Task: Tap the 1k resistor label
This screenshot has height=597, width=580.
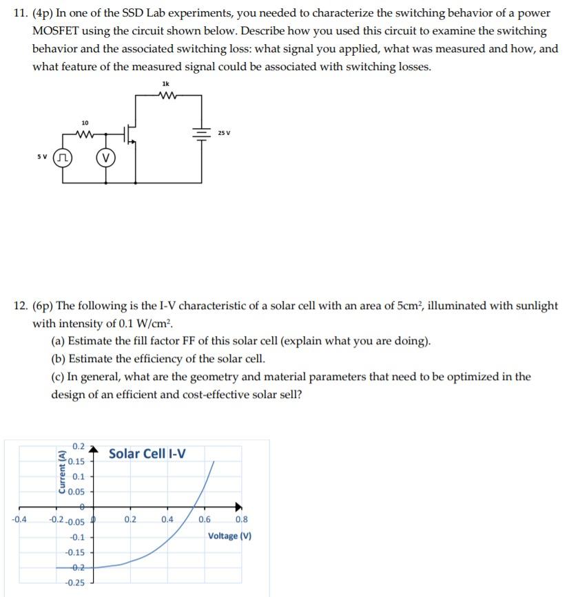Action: tap(165, 83)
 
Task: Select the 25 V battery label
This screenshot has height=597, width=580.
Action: tap(225, 132)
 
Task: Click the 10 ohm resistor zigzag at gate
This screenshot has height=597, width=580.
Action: tap(84, 135)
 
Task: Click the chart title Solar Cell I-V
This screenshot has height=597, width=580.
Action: tap(147, 454)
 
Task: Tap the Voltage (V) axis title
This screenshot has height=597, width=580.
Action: tap(229, 536)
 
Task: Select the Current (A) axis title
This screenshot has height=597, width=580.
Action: tap(63, 471)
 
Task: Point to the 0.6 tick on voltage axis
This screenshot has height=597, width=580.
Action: tap(205, 520)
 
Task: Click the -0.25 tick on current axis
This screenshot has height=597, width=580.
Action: tap(74, 583)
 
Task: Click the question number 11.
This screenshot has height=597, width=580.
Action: tap(21, 13)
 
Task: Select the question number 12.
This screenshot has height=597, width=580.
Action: tap(21, 306)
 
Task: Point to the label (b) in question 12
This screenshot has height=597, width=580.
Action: tap(59, 359)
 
